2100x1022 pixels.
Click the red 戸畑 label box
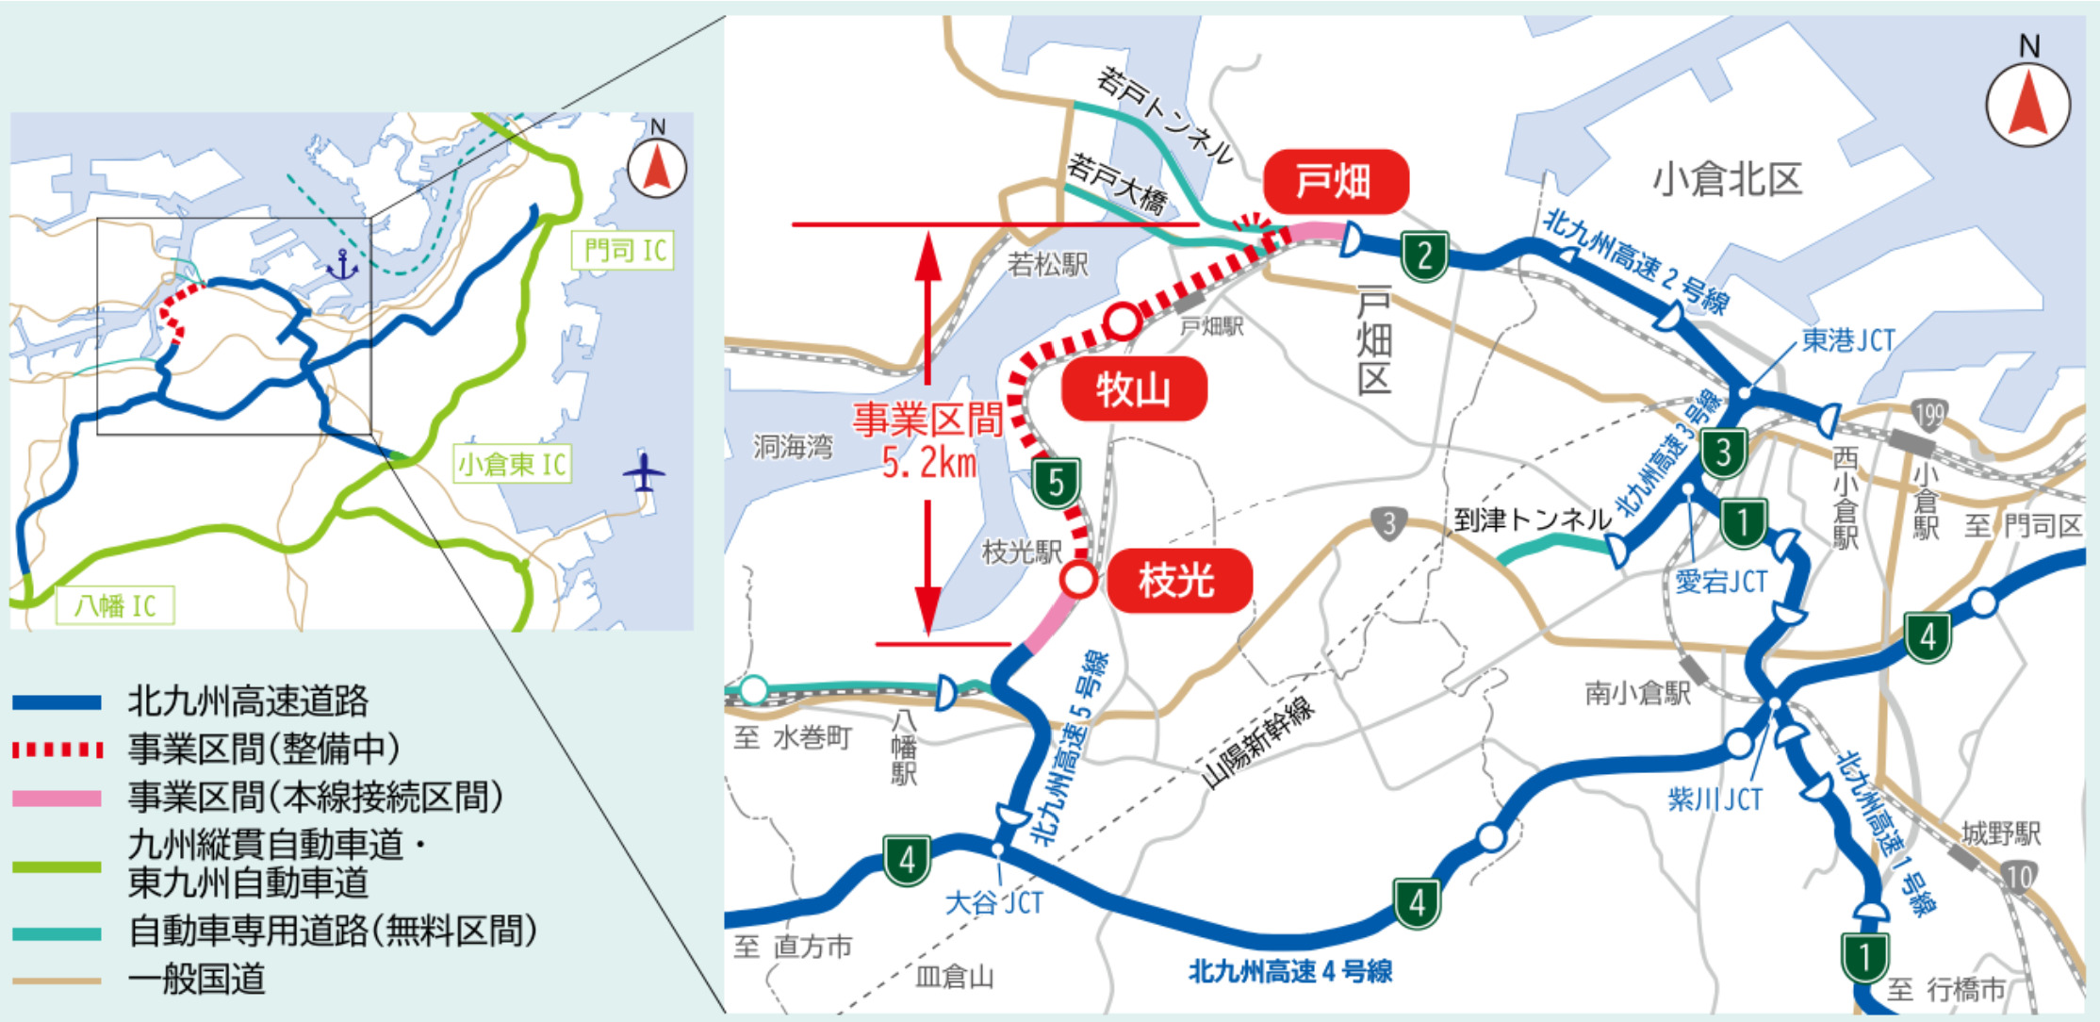tap(1335, 181)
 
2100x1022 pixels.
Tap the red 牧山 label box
tap(1133, 388)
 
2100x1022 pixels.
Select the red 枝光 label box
tap(1178, 580)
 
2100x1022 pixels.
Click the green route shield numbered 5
tap(1056, 483)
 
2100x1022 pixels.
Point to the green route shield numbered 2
tap(1424, 255)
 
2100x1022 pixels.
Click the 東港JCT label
tap(1847, 340)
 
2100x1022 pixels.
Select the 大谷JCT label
tap(993, 902)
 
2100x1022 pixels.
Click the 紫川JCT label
tap(1714, 799)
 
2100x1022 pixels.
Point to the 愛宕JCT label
tap(1721, 581)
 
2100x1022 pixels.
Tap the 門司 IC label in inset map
tap(624, 251)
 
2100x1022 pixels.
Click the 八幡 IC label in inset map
tap(115, 605)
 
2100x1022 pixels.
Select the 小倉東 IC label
tap(512, 464)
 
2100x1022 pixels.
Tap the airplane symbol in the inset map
tap(645, 471)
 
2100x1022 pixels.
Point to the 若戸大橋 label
tap(1116, 184)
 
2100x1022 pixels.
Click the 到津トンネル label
tap(1532, 519)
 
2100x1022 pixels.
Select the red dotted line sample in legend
tap(57, 750)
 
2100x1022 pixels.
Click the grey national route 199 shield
tap(1929, 415)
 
